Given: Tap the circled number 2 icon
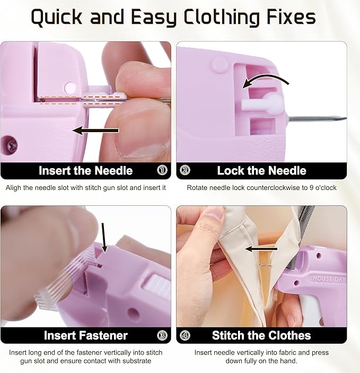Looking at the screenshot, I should [x=185, y=171].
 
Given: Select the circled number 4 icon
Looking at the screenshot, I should [x=185, y=335].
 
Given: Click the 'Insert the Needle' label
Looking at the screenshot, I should [x=85, y=171].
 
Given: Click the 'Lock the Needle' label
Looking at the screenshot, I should [x=261, y=171].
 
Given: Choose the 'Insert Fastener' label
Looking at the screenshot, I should [x=85, y=335].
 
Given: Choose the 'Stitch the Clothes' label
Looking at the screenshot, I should [x=261, y=335].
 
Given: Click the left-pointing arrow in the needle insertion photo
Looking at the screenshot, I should [x=96, y=130].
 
